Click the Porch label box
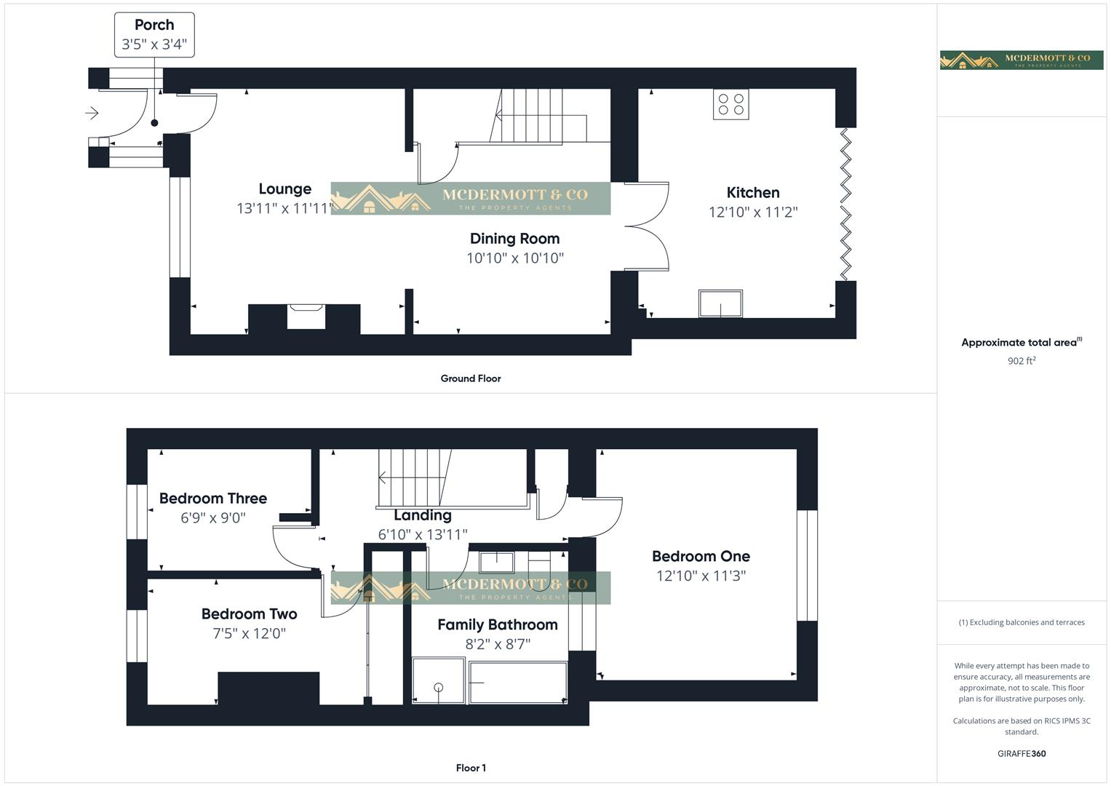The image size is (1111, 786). [x=154, y=34]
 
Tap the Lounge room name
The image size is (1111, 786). [x=284, y=189]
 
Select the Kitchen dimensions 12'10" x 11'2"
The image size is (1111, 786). [x=753, y=213]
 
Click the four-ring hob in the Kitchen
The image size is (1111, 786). [x=730, y=104]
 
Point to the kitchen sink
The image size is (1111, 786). [x=720, y=303]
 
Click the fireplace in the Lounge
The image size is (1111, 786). [x=306, y=317]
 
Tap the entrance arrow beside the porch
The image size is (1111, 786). [x=92, y=113]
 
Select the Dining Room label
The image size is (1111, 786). [x=514, y=239]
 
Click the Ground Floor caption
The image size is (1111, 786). [x=471, y=378]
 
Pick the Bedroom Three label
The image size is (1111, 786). [x=213, y=499]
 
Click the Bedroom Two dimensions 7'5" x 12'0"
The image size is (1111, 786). [x=249, y=634]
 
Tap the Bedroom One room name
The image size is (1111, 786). [x=701, y=557]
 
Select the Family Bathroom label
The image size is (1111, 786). [x=498, y=624]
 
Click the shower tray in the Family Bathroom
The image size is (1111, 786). [x=438, y=680]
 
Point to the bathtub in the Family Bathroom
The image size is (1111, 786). [x=518, y=682]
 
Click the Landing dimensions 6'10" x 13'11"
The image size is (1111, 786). [x=423, y=535]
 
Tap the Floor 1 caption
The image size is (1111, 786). [x=471, y=768]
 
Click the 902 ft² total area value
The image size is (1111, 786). [x=1022, y=361]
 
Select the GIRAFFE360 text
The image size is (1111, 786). [x=1022, y=754]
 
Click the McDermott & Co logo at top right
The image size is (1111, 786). [x=1022, y=60]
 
